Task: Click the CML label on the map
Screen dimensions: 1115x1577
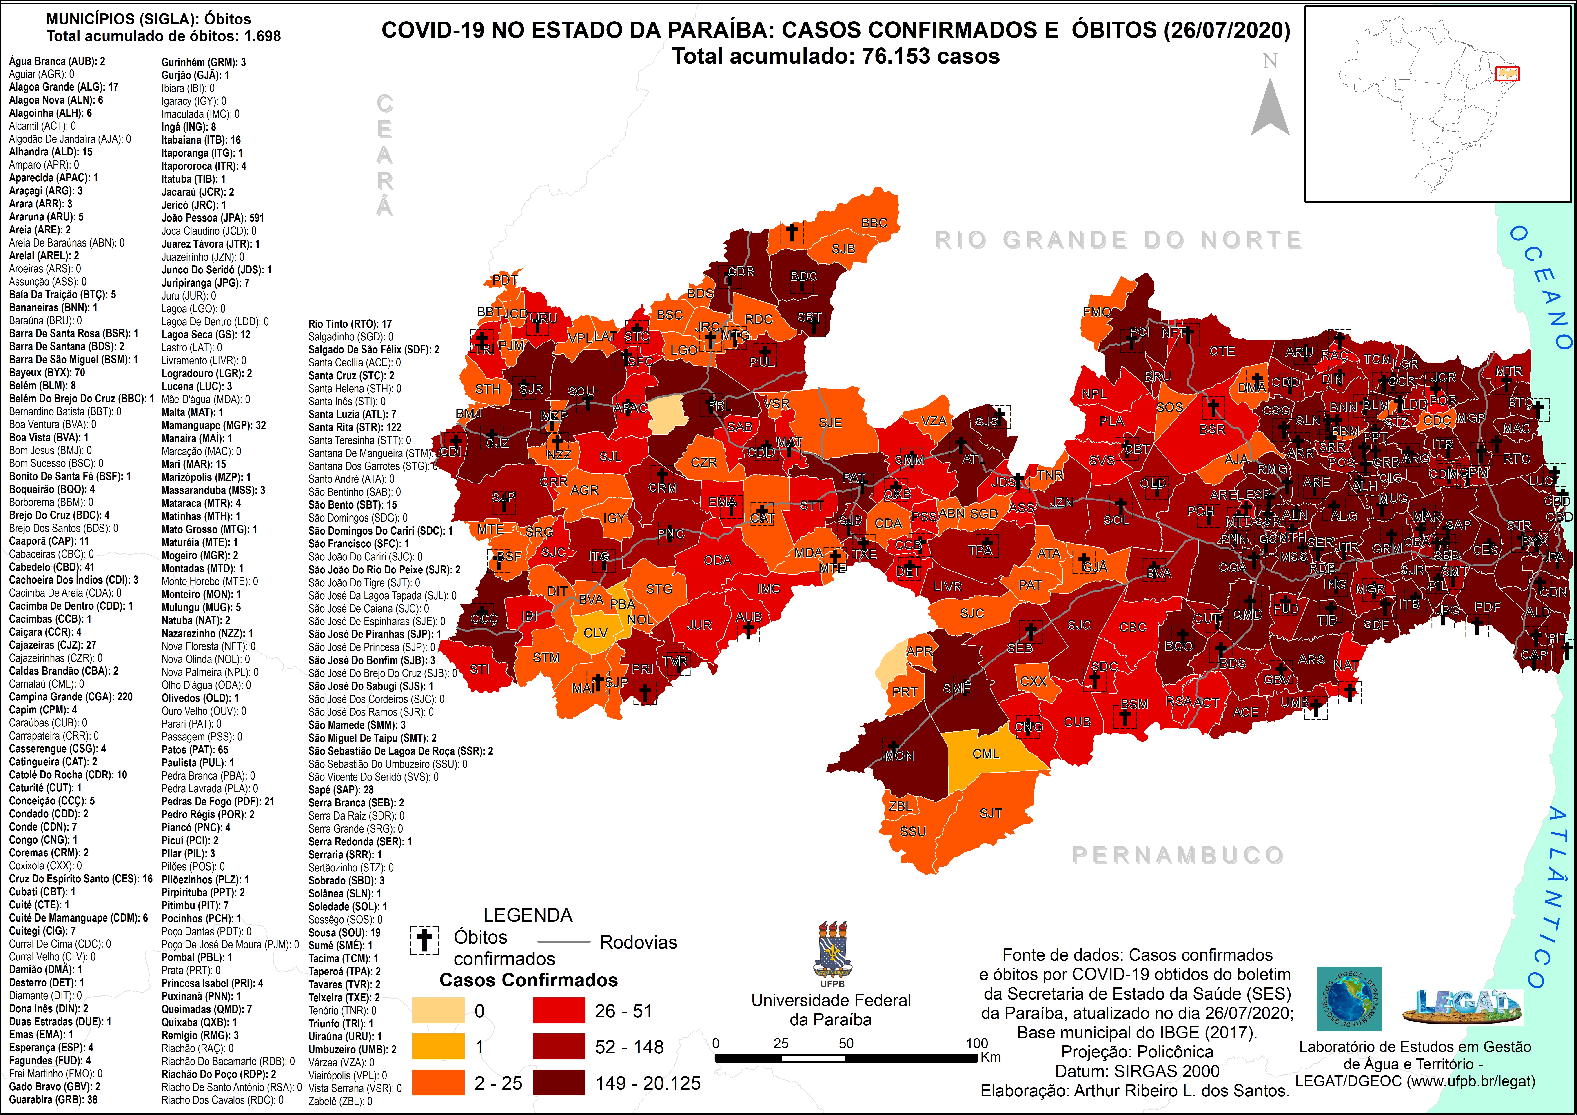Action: (986, 754)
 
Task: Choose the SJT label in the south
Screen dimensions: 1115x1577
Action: (990, 813)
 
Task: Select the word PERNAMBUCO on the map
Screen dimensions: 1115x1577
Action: (1177, 855)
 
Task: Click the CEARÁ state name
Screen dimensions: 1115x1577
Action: (385, 155)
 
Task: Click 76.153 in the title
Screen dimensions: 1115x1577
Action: (897, 56)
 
